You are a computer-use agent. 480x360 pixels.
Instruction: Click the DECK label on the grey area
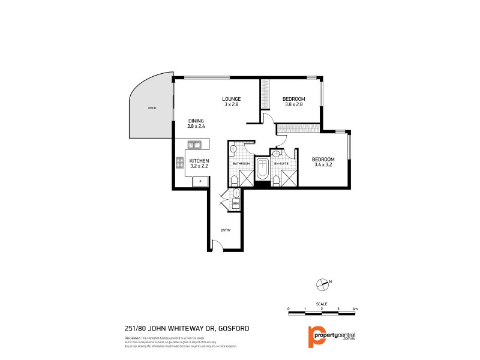[x=152, y=108]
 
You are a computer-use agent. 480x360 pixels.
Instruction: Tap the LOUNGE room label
[x=231, y=99]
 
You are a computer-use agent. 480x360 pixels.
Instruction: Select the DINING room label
[x=196, y=120]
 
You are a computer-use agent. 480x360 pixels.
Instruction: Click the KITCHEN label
[x=199, y=161]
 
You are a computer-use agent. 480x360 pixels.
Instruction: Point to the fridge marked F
[x=200, y=181]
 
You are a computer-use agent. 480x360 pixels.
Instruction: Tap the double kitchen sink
[x=194, y=144]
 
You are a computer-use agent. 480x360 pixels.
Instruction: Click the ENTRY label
[x=226, y=230]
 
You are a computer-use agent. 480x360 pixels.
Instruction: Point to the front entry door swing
[x=219, y=244]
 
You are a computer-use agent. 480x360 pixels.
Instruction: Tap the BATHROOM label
[x=241, y=163]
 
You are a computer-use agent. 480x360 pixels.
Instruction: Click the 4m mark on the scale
[x=355, y=309]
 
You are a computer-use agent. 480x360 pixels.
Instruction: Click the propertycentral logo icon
[x=312, y=337]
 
